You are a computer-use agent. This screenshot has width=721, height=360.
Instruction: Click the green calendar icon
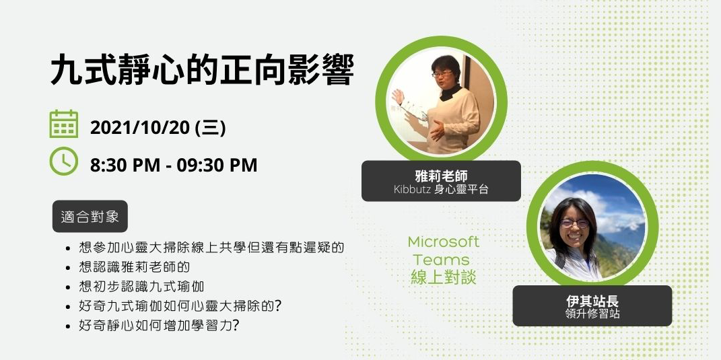tap(64, 124)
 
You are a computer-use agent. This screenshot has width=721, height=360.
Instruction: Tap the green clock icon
tap(64, 161)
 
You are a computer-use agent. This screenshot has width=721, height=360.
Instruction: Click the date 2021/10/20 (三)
tap(158, 128)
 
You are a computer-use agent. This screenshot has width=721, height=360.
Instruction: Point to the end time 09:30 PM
tap(217, 165)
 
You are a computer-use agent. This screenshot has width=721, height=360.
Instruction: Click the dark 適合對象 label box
tap(90, 217)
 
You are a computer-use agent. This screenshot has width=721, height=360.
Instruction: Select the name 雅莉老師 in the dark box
tap(441, 176)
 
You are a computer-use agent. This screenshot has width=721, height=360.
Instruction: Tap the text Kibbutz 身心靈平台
tap(441, 190)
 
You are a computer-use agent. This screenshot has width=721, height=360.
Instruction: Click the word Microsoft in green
tap(444, 242)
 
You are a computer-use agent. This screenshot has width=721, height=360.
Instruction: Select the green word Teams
tap(442, 260)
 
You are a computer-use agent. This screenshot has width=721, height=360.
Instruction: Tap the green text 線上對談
tap(443, 277)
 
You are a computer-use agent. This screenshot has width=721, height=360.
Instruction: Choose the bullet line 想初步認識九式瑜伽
tap(141, 287)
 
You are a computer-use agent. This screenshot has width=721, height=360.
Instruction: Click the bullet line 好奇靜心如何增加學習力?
tap(160, 326)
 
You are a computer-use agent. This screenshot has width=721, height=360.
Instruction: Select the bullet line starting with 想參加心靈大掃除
tap(211, 248)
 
